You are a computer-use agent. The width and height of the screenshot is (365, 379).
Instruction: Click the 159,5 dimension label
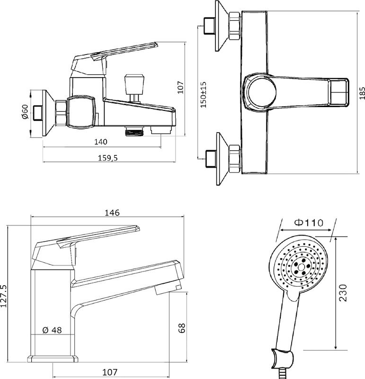[x=108, y=158]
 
